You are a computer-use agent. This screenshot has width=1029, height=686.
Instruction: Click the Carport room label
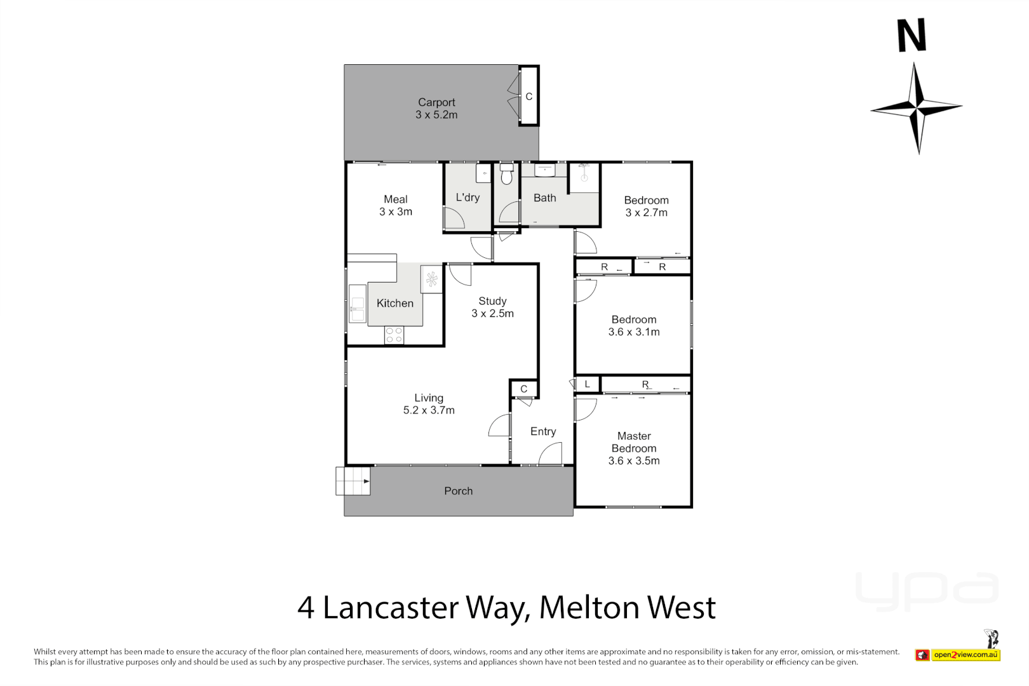(436, 109)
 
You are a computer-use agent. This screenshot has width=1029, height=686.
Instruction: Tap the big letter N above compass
(911, 36)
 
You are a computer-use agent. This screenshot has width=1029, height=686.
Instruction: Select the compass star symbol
(917, 108)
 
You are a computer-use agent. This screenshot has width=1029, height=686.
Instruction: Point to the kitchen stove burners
(394, 335)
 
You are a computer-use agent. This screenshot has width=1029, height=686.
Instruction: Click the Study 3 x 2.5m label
(492, 307)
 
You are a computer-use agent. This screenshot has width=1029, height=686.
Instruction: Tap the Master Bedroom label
(634, 448)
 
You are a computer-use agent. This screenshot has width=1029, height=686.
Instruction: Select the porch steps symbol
(353, 481)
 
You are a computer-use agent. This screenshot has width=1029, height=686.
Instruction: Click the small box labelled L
(587, 384)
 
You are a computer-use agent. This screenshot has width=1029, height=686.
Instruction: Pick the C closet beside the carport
(528, 97)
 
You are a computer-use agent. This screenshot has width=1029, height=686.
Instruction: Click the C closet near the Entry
(523, 389)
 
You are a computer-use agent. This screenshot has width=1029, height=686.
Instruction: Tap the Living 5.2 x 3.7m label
(429, 404)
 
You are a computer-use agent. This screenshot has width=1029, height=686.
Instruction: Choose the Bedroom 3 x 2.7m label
(646, 206)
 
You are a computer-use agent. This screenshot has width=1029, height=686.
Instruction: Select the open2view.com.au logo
(965, 655)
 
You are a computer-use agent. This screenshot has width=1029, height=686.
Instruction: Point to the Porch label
(458, 491)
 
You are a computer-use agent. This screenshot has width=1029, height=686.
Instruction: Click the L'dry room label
(467, 198)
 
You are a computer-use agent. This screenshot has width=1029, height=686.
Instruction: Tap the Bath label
(544, 198)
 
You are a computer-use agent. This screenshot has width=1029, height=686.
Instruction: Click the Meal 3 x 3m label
(396, 205)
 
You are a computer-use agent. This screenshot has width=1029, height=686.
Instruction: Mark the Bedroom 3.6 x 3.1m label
(634, 325)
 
